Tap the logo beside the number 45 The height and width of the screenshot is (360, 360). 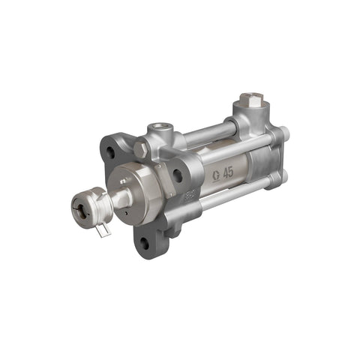pyautogui.click(x=215, y=175)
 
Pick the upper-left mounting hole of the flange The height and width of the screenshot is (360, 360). pyautogui.click(x=110, y=152)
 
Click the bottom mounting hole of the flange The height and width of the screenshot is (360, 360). pyautogui.click(x=143, y=242)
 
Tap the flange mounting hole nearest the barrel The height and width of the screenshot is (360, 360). pyautogui.click(x=178, y=176)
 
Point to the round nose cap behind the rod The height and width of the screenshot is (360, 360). pyautogui.click(x=136, y=189)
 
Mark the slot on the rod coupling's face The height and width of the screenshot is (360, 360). pyautogui.click(x=79, y=211)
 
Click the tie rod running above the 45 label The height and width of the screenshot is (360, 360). pyautogui.click(x=225, y=148)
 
